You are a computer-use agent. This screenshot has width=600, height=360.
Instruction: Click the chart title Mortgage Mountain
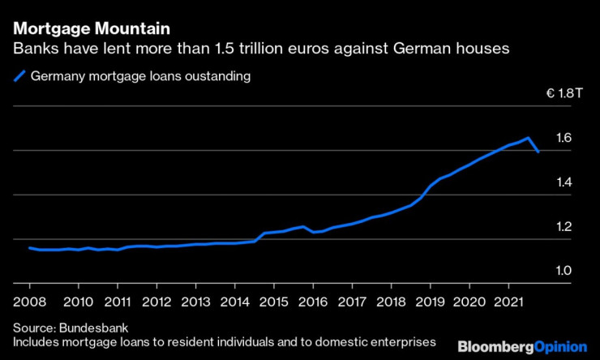(92, 28)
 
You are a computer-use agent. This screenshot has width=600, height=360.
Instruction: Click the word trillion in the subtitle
(294, 49)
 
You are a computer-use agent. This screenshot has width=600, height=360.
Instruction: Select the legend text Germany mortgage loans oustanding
(139, 77)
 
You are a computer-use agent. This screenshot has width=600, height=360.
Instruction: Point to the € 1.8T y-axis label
(564, 94)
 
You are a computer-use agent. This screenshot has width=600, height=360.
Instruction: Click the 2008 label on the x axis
(29, 301)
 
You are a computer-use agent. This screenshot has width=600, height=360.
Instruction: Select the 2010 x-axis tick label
(78, 301)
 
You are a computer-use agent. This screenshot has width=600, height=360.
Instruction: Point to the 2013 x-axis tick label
(195, 301)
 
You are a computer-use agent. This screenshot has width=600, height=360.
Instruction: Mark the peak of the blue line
(528, 138)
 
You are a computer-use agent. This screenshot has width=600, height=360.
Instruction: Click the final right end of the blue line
(539, 152)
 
